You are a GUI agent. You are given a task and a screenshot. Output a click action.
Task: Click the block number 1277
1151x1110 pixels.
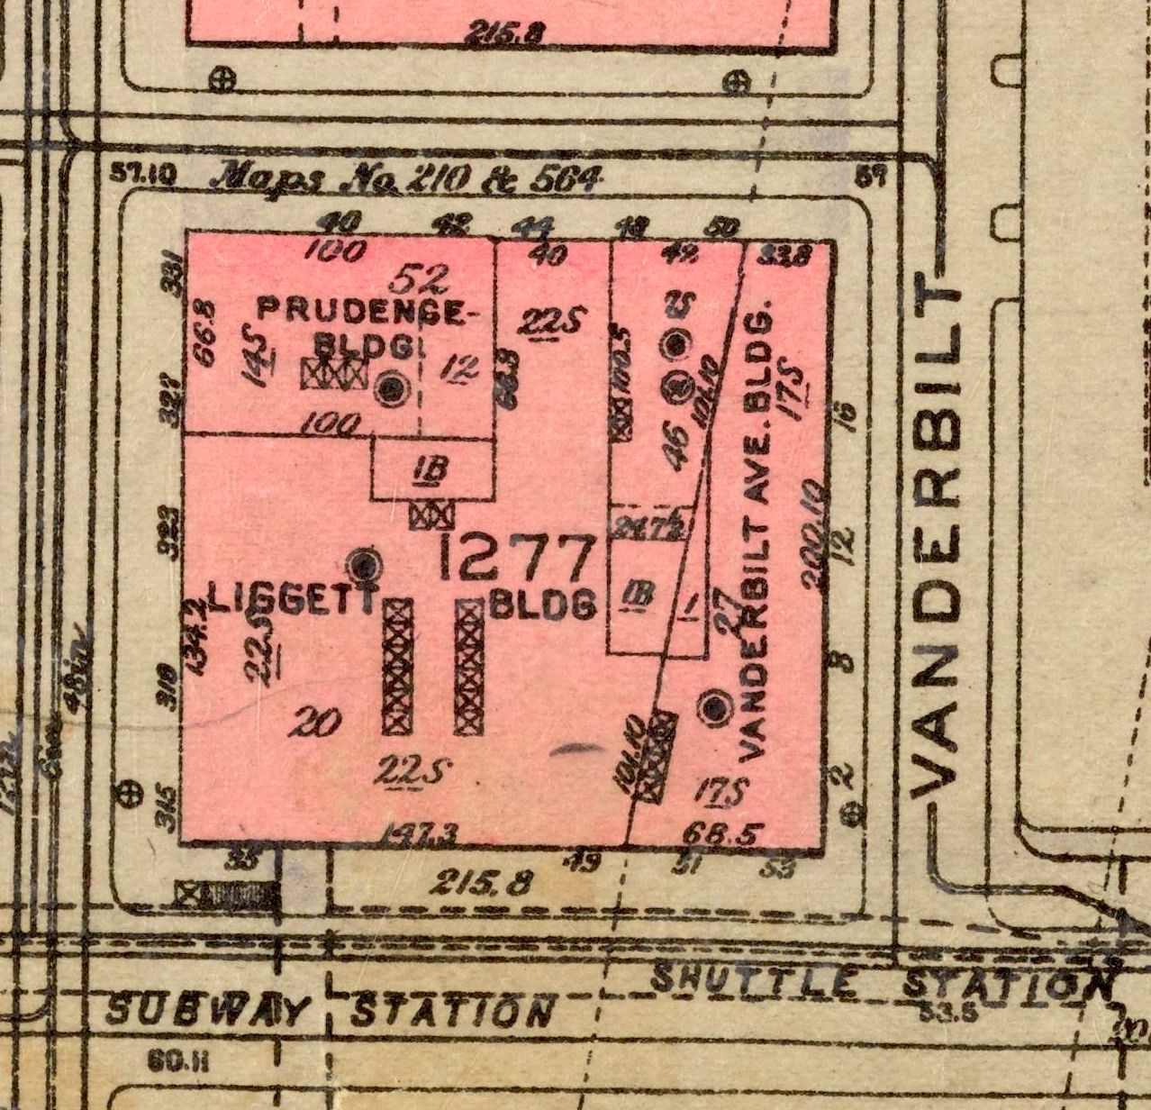coord(518,559)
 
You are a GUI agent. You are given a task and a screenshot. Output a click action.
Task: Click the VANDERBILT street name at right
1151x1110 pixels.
coord(937,541)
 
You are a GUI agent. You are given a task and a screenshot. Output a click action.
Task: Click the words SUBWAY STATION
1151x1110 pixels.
coord(329,1010)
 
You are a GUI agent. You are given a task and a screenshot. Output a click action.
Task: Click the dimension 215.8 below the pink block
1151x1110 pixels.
coord(469,881)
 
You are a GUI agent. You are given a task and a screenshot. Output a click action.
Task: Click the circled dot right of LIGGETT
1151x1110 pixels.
coord(365,566)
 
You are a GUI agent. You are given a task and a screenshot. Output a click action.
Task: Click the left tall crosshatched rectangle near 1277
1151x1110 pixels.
coord(397,667)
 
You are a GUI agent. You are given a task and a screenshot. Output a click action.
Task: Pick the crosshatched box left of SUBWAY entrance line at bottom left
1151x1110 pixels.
coord(226,894)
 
